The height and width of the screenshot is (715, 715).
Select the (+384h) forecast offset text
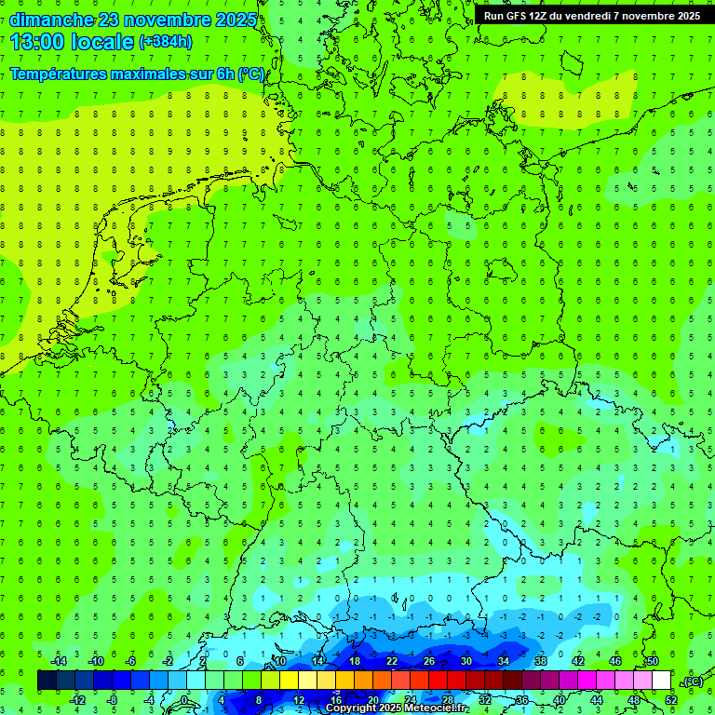tap(166, 42)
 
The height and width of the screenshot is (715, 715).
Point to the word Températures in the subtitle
tap(57, 74)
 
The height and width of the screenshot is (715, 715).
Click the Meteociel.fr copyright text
tap(397, 708)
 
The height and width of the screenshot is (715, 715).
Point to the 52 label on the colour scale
tap(671, 700)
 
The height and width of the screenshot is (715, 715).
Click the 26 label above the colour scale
tap(428, 661)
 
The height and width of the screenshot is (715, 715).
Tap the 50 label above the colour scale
tap(652, 661)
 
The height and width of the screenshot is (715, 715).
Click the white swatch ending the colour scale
tap(662, 681)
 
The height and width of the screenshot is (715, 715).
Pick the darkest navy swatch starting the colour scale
tap(47, 681)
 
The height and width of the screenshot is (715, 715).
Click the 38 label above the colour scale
tap(540, 661)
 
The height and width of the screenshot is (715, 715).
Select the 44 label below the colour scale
tap(597, 700)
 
